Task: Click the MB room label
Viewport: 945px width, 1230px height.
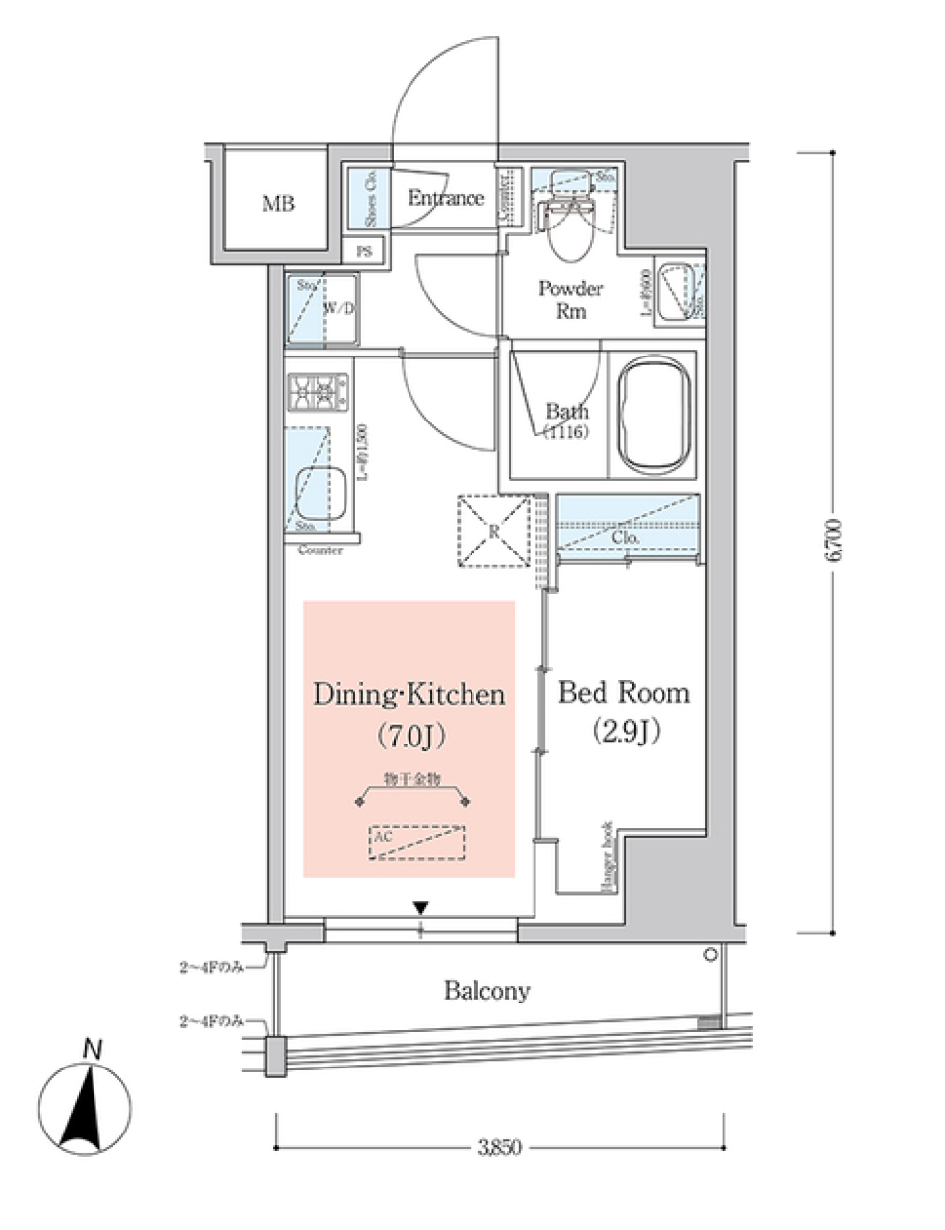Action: tap(278, 204)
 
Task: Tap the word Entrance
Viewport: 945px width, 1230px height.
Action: tap(446, 198)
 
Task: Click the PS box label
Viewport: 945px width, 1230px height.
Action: tap(364, 252)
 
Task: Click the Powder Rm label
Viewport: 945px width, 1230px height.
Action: tap(571, 299)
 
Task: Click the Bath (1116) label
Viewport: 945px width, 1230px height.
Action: tap(566, 421)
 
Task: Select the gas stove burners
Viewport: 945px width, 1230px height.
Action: tap(318, 392)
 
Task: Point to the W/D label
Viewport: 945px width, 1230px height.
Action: tap(339, 308)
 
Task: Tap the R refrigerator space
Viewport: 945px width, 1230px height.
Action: tap(494, 532)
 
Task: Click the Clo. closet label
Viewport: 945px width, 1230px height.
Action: tap(625, 538)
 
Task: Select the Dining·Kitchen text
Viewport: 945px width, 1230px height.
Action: tap(409, 695)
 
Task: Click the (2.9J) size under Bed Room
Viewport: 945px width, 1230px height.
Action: tap(624, 731)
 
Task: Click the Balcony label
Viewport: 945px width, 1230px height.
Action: tap(486, 990)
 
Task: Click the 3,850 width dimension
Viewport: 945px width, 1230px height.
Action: tap(499, 1147)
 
